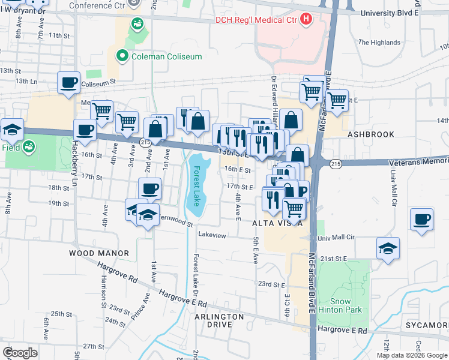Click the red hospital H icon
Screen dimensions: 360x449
(307, 20)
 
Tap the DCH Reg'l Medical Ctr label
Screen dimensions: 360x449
(257, 20)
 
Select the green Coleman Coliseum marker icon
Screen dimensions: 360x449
(122, 56)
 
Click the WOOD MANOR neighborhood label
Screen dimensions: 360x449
(90, 253)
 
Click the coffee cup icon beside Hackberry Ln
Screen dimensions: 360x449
(85, 129)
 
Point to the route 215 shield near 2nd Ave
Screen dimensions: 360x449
(144, 142)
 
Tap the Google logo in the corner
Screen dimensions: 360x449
(20, 353)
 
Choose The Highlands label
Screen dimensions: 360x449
(379, 43)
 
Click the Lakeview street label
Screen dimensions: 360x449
(212, 235)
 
